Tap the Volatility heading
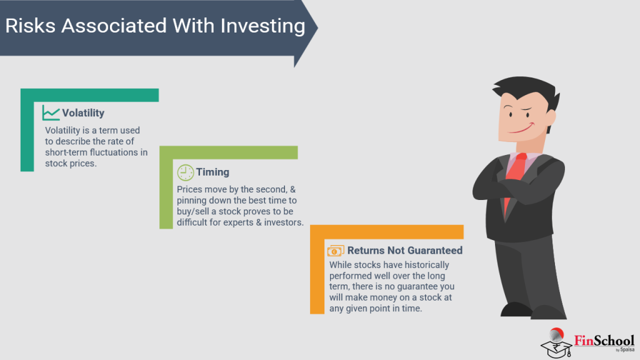coord(83,113)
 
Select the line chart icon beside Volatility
coord(51,112)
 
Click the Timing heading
coord(212,172)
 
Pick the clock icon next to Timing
coord(186,172)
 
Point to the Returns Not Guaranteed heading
coord(405,251)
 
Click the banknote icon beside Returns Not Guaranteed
coord(336,251)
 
